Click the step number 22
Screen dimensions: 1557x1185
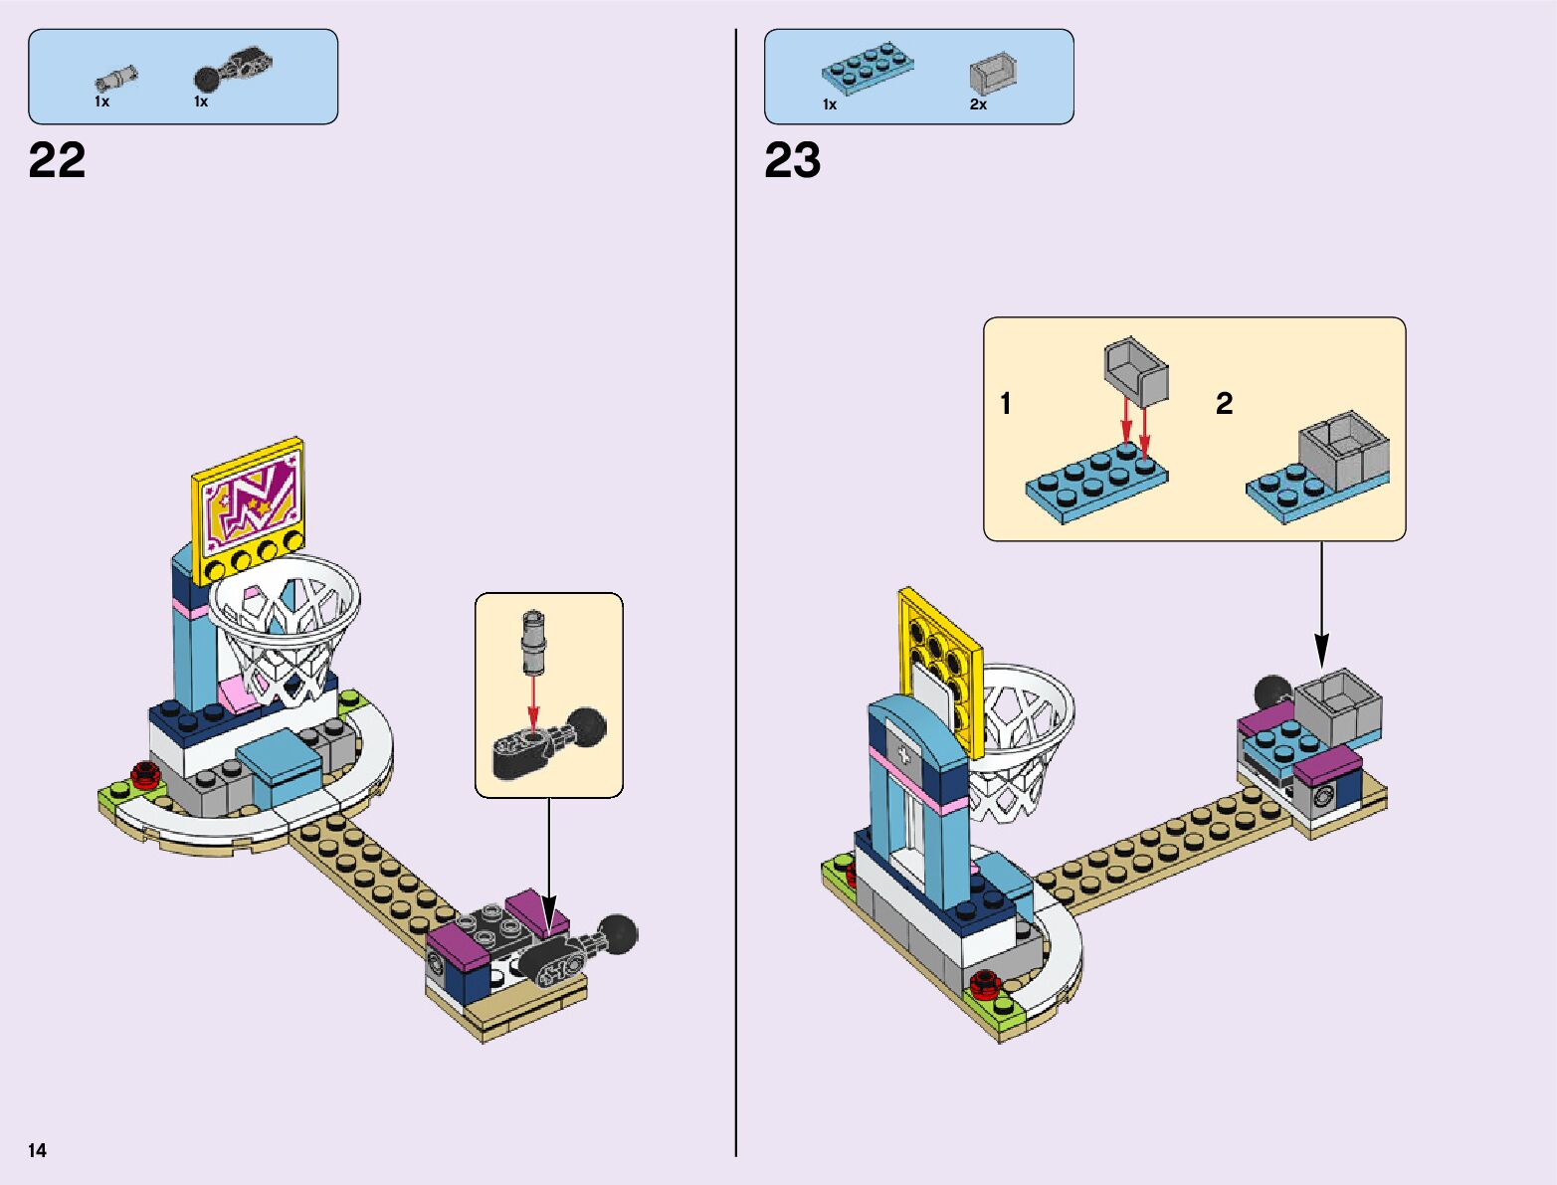pyautogui.click(x=58, y=160)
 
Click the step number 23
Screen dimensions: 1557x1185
pyautogui.click(x=793, y=160)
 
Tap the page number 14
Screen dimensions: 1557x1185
pyautogui.click(x=37, y=1151)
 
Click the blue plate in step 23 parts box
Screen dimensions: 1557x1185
pyautogui.click(x=868, y=70)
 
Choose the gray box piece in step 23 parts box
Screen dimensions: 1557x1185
pyautogui.click(x=993, y=75)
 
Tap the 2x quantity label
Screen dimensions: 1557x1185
pyautogui.click(x=979, y=104)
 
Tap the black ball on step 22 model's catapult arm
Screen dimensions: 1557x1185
pyautogui.click(x=619, y=932)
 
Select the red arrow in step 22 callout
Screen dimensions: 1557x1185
pyautogui.click(x=533, y=701)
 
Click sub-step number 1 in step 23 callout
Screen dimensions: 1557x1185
pyautogui.click(x=1006, y=403)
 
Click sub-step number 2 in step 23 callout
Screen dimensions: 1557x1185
pyautogui.click(x=1224, y=403)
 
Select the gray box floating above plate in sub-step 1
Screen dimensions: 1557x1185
pyautogui.click(x=1135, y=370)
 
